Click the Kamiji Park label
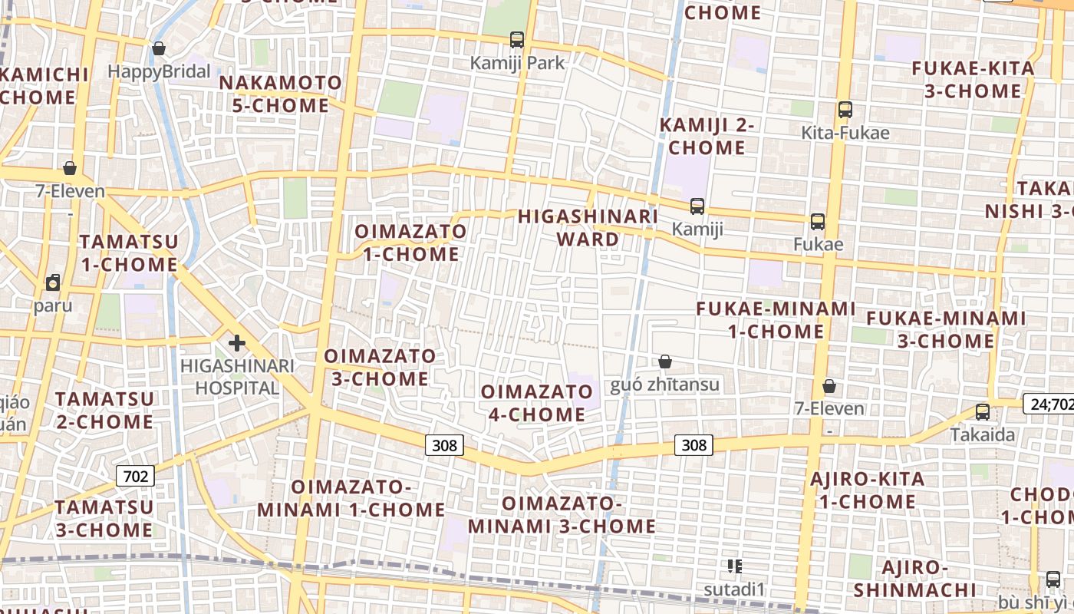tap(517, 63)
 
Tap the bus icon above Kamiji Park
tap(517, 39)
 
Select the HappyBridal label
tap(159, 71)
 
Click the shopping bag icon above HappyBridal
tap(159, 49)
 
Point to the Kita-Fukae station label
tap(845, 133)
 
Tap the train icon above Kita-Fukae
tap(845, 110)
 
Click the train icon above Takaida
tap(983, 412)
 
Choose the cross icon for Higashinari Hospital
tap(236, 343)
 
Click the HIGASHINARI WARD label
tap(588, 227)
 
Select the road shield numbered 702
tap(135, 476)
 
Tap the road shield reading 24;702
tap(1049, 404)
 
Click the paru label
tap(53, 305)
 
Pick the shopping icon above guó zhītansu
tap(665, 361)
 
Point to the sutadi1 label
tap(735, 589)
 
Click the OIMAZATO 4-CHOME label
tap(537, 403)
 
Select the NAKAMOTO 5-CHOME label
tap(281, 94)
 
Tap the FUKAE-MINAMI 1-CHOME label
tap(776, 320)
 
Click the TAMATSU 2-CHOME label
tap(104, 410)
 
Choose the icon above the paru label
tap(53, 283)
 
